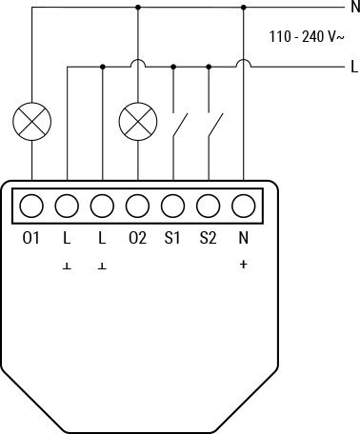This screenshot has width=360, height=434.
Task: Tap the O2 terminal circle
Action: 137,205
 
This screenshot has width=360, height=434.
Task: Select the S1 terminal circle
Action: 172,205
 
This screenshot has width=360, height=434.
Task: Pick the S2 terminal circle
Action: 208,205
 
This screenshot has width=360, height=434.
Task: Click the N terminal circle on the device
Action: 243,205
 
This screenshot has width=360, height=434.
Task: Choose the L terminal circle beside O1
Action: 67,205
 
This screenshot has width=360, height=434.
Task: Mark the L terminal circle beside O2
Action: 102,205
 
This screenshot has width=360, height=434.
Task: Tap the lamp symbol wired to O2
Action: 137,122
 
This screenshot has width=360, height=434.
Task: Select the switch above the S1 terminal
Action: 179,126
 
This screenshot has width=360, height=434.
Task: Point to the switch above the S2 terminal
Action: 214,126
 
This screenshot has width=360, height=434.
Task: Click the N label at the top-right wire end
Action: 354,7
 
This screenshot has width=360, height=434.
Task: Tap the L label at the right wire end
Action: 353,67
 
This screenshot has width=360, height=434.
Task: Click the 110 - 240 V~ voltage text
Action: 306,38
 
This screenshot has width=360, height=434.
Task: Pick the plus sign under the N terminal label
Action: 243,265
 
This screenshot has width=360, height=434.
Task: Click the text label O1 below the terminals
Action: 30,238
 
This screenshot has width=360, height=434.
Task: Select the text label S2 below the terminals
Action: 208,238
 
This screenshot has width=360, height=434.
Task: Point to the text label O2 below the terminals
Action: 137,238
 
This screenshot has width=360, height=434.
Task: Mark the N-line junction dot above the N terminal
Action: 244,7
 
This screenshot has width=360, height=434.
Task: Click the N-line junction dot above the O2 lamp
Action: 137,7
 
